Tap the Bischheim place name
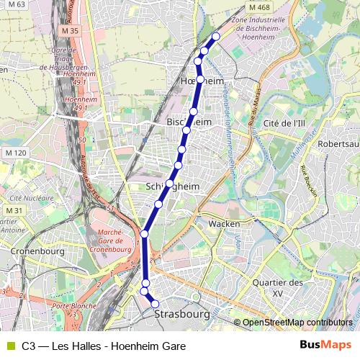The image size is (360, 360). pos(189,122)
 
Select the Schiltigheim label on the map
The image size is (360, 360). pos(173,185)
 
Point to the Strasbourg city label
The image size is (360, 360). pos(181,315)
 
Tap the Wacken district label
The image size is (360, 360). pos(224,224)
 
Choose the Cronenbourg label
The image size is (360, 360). pos(39,251)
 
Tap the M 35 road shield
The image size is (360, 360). pos(71,31)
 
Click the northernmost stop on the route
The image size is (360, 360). pos(217,36)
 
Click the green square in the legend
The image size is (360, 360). pos(10,346)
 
